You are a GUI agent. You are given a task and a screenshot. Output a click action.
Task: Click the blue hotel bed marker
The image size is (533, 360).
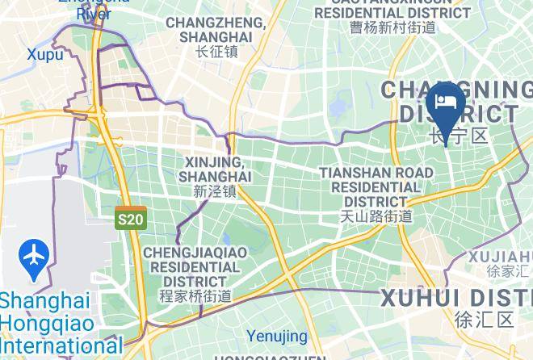point(445,103)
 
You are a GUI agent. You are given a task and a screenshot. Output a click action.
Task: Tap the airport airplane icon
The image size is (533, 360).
point(34,257)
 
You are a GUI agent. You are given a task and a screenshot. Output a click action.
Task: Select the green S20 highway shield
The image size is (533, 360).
point(130,218)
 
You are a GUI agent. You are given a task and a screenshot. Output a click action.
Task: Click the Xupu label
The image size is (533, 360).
point(44,54)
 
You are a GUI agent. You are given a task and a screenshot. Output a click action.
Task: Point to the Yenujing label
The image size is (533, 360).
point(277,336)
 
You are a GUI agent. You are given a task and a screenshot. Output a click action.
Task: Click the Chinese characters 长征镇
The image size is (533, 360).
point(216,52)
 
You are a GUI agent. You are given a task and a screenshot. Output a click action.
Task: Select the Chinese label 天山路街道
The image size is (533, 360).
point(376,216)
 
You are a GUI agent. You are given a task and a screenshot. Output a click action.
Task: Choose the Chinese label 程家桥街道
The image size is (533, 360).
point(195,296)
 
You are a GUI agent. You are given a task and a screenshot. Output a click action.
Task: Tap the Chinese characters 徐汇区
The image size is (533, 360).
point(485,319)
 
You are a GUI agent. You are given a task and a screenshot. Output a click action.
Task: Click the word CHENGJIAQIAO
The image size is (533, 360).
point(195,253)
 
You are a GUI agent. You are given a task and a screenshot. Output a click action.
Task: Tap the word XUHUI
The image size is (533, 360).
point(420,297)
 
